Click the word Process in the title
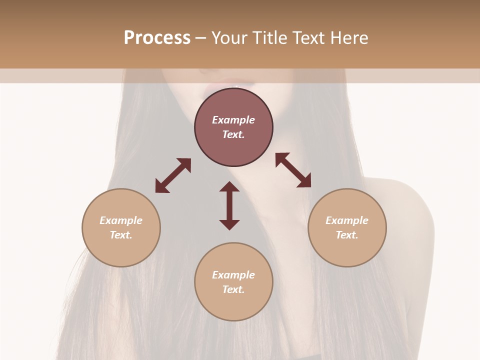tap(157, 38)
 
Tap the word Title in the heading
tap(269, 38)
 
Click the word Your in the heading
tap(230, 38)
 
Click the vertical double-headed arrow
tap(229, 205)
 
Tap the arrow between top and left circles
tap(173, 175)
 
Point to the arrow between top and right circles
tap(293, 170)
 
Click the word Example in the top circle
tap(233, 120)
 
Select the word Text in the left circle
tap(120, 235)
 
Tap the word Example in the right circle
tap(347, 220)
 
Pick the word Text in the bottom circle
tap(233, 289)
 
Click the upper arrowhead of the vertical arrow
tap(229, 187)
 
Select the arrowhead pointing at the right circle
tap(304, 181)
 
